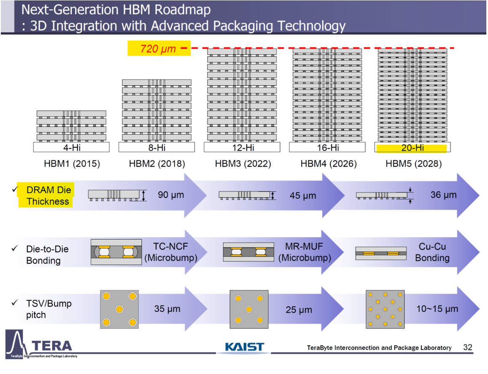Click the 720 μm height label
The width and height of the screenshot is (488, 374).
158,49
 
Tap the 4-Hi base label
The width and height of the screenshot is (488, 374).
72,147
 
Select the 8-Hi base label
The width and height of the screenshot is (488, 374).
157,147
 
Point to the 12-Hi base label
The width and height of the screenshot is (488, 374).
243,147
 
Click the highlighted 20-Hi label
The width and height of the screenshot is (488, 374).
413,147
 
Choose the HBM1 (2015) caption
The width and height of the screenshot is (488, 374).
72,164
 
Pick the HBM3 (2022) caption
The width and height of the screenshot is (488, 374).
243,164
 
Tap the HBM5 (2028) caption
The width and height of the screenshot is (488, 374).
414,164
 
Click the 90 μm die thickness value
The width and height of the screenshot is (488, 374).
171,195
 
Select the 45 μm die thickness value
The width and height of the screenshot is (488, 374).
303,196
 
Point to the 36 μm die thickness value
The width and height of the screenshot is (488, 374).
443,195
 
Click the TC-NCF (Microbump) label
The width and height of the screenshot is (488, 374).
171,252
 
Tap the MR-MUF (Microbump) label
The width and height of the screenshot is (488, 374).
305,252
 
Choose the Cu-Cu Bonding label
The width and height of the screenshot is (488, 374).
432,252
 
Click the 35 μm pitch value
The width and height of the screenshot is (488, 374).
167,309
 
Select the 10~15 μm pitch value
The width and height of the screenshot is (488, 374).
437,309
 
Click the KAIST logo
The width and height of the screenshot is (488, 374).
244,347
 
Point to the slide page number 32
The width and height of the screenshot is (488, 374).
468,347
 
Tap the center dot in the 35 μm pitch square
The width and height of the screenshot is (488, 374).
119,309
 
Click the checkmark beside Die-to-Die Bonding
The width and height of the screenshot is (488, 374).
15,248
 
